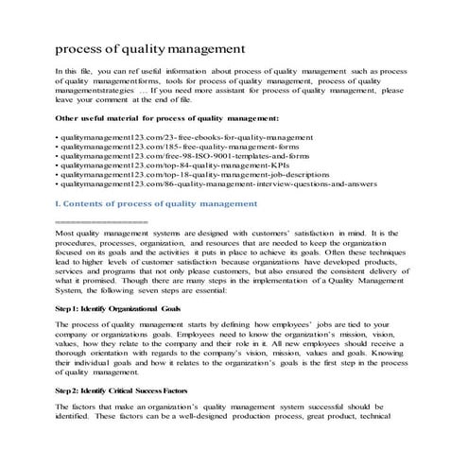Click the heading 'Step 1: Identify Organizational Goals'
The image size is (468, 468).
[x=118, y=307]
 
